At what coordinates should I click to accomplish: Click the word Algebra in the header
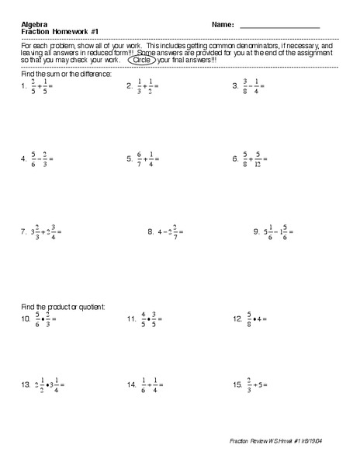(x=33, y=24)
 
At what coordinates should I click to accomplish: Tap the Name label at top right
(x=221, y=24)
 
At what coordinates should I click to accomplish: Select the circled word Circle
(x=142, y=60)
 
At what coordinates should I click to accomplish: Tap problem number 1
(x=24, y=87)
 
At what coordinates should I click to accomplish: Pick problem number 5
(x=130, y=159)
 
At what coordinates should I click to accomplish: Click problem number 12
(x=237, y=318)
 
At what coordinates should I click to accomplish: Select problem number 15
(x=237, y=384)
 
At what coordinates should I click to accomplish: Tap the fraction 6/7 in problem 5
(x=140, y=159)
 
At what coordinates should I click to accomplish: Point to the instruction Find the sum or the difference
(x=65, y=73)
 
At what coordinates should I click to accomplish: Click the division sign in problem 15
(x=258, y=384)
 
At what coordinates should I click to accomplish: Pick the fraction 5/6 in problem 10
(x=36, y=318)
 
